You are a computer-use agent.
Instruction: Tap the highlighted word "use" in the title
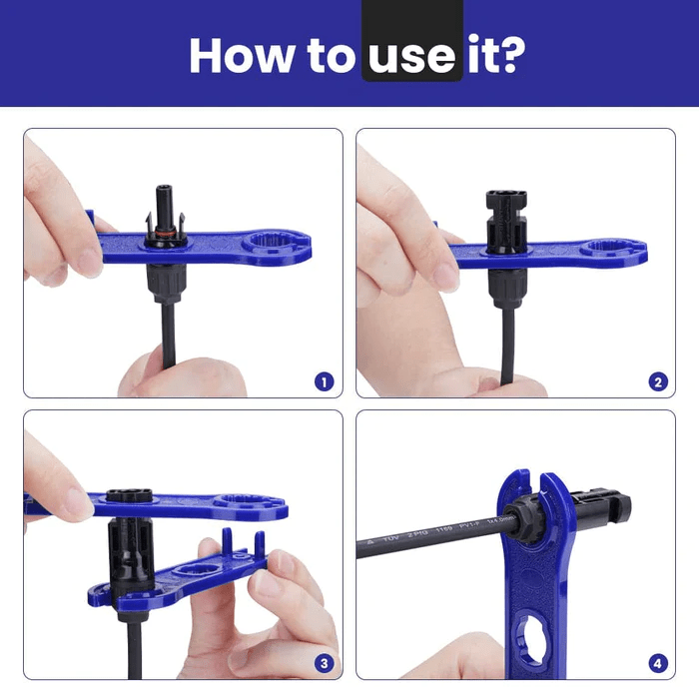click(x=411, y=56)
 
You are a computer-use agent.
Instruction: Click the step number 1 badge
click(x=323, y=380)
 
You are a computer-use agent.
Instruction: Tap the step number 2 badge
click(x=656, y=380)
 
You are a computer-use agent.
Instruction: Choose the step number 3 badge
click(x=323, y=662)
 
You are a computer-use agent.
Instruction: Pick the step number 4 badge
click(x=656, y=662)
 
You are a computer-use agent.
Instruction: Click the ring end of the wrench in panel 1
click(x=275, y=244)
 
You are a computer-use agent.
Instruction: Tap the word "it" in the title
click(x=478, y=55)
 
